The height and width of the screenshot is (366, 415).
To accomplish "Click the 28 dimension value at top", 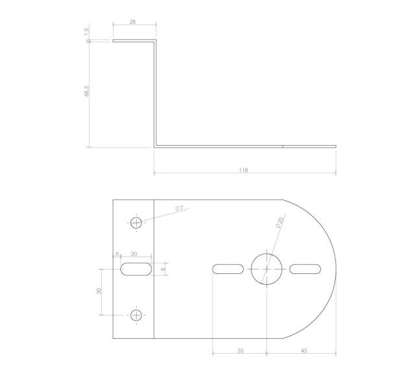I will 132,22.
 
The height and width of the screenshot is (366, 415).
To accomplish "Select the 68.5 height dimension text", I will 86,92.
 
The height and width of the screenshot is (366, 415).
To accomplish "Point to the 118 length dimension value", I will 243,170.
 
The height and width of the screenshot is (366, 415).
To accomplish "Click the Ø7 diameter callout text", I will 179,208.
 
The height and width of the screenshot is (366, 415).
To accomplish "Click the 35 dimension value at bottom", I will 240,350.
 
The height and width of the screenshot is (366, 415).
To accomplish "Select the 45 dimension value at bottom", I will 304,350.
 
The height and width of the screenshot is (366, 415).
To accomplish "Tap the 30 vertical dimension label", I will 99,291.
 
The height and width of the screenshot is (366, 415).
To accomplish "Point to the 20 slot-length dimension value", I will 134,255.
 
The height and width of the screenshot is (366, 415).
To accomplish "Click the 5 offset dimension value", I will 117,255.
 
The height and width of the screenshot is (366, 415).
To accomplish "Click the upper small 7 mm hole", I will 136,223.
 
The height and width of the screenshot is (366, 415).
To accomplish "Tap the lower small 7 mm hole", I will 136,315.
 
